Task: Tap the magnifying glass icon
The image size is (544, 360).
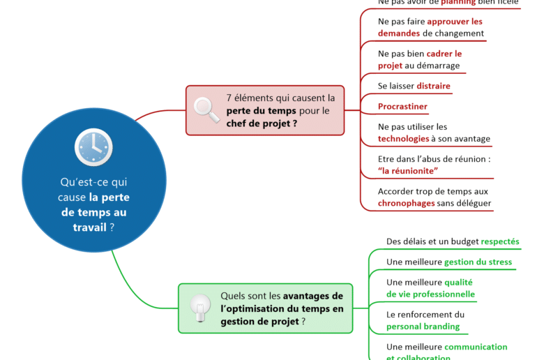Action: click(206, 110)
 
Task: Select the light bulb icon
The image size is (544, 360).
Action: click(201, 308)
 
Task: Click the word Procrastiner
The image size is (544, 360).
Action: click(402, 107)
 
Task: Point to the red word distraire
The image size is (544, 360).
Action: click(434, 87)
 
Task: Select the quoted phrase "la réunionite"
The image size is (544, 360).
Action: click(408, 171)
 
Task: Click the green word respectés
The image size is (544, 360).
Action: click(500, 241)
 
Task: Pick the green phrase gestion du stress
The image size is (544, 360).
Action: click(478, 262)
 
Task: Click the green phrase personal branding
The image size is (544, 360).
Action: click(423, 326)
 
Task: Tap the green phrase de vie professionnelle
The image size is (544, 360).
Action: click(430, 294)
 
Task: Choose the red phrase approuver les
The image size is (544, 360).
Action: click(455, 22)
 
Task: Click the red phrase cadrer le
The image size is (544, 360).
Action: click(444, 54)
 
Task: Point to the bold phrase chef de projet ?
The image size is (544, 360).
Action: click(262, 123)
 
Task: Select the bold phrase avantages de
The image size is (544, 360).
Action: click(313, 295)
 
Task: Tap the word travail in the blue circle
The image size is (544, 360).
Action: click(90, 227)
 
